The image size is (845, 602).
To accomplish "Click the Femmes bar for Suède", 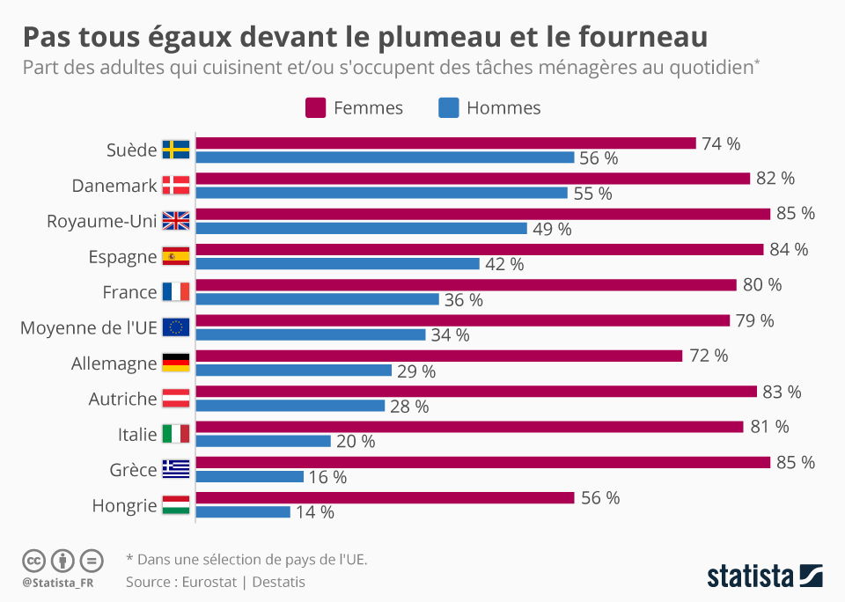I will pos(445,143).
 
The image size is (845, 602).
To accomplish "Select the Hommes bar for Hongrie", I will pos(243,512).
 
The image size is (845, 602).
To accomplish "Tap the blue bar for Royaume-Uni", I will pos(361,229).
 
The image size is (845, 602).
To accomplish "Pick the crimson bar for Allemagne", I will pos(438,356).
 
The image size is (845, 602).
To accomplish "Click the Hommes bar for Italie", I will pos(263,441).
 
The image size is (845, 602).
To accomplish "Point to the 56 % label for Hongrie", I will pos(600,497).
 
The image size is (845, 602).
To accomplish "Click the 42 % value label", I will pos(504,264).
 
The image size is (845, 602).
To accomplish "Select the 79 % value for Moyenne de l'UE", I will pos(754,320).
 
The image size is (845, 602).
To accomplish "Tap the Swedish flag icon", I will pos(176,150).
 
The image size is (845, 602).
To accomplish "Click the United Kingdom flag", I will pos(176,221).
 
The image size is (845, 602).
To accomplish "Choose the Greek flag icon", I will pos(176,469).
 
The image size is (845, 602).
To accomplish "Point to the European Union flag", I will pos(176,327).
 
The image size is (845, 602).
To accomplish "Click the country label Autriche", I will pos(122,399).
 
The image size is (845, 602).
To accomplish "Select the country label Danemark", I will pos(114,186).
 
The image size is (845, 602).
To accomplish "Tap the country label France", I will pos(129,292).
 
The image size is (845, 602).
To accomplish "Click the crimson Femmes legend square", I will pos(316,108).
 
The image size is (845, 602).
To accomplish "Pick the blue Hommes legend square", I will pos(448,108).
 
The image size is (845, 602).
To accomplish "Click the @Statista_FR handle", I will pos(58,582).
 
